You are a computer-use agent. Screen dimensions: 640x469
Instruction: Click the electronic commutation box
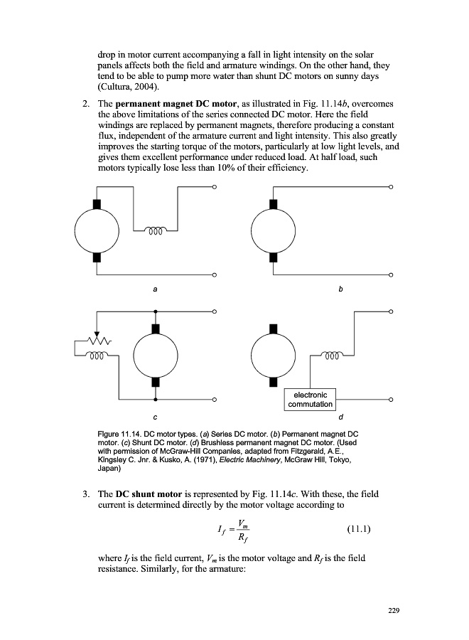310,399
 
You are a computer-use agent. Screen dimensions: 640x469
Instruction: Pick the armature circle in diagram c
156,355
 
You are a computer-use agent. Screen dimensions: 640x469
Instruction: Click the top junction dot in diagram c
156,311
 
